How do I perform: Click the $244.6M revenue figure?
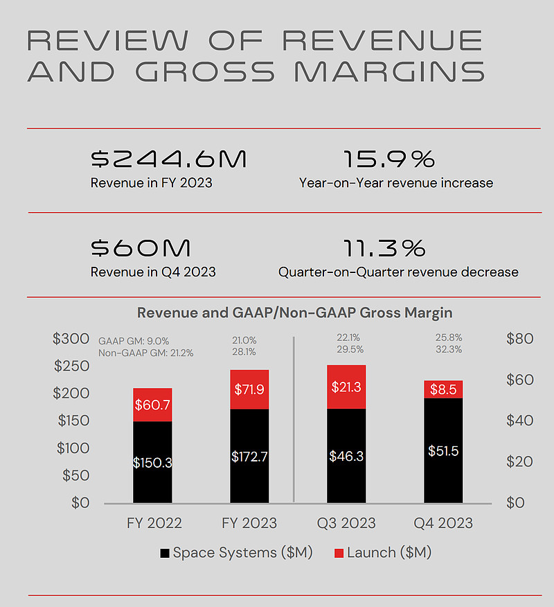[168, 160]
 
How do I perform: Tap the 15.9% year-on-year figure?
[389, 160]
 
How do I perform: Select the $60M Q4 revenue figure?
[141, 249]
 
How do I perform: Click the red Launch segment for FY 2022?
[152, 405]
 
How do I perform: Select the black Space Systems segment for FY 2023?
[249, 456]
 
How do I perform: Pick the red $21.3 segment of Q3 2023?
[346, 387]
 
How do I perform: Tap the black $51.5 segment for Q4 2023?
[443, 450]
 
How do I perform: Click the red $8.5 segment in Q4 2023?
[443, 389]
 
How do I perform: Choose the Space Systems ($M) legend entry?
[236, 553]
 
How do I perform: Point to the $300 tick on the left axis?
[71, 339]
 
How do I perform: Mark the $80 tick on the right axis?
[520, 339]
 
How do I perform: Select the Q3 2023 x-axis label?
[346, 523]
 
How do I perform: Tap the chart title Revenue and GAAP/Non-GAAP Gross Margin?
[295, 313]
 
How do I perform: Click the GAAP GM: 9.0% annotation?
[133, 341]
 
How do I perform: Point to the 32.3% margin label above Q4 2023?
[449, 350]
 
